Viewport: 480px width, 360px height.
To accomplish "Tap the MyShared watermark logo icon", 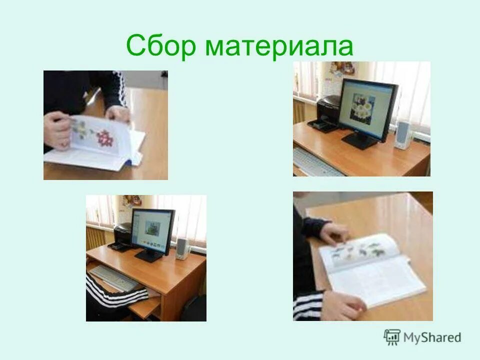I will [392, 337].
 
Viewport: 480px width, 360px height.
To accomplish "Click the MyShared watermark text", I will [432, 338].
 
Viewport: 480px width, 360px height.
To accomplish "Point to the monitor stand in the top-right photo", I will [361, 139].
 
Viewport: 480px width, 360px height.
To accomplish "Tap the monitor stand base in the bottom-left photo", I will [149, 258].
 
